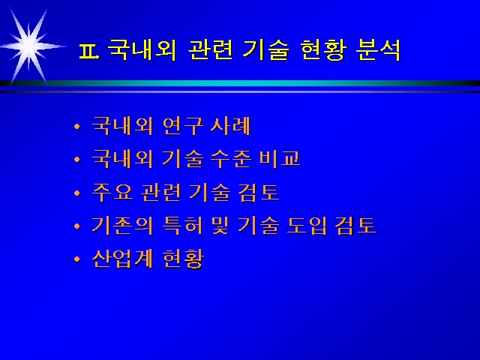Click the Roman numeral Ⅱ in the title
tap(89, 51)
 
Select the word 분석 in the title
tap(378, 50)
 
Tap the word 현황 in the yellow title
tap(323, 50)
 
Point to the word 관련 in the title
tap(210, 50)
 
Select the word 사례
tap(230, 126)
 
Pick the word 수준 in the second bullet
tap(231, 159)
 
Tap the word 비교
tap(280, 159)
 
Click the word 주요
tap(112, 193)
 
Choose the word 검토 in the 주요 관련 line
tap(259, 193)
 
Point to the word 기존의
tap(122, 226)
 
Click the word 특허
tap(182, 226)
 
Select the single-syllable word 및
tap(220, 226)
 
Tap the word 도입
tap(307, 226)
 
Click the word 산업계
tap(122, 259)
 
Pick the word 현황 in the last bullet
tap(183, 259)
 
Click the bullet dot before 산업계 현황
tap(76, 259)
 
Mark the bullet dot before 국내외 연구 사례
tap(76, 127)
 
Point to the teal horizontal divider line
tap(240, 83)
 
